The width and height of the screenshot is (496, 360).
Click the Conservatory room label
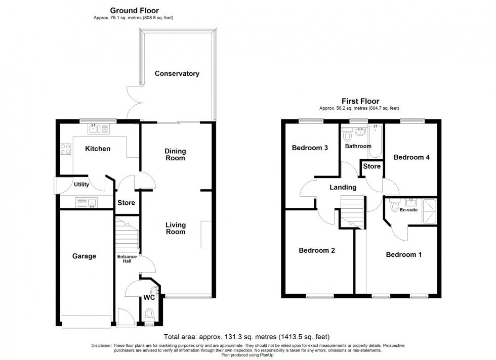click(177, 74)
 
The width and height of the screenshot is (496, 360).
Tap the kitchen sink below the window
click(99, 129)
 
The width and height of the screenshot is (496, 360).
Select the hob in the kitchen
click(66, 149)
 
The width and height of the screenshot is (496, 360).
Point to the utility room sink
click(87, 203)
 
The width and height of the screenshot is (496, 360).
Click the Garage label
click(84, 256)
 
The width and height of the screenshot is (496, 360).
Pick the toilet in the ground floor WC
click(149, 314)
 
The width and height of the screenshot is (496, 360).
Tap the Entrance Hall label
click(127, 259)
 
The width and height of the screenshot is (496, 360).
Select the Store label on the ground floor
click(126, 203)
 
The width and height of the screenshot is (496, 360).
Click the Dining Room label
click(175, 155)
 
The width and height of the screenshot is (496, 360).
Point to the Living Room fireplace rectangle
click(206, 234)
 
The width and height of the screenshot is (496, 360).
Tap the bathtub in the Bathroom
click(376, 141)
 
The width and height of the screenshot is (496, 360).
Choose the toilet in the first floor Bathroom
click(347, 134)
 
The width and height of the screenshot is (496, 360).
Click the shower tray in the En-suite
click(430, 211)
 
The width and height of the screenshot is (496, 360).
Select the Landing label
click(343, 188)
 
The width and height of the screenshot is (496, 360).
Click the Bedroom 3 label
click(310, 148)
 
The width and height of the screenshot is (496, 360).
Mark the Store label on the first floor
click(371, 166)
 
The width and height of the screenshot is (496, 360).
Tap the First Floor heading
click(360, 101)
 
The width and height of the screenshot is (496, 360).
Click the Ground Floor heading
click(135, 11)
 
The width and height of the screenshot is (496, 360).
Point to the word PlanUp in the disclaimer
click(267, 355)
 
